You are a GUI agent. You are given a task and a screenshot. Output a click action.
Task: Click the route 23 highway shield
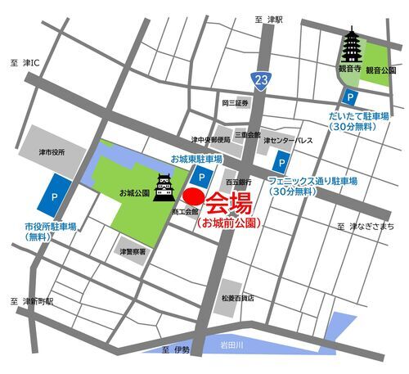pyautogui.click(x=260, y=80)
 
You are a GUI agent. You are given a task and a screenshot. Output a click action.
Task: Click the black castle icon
pyautogui.click(x=164, y=187)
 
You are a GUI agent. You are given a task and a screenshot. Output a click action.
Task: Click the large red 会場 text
pyautogui.click(x=228, y=201)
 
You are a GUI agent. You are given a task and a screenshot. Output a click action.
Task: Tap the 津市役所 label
pyautogui.click(x=51, y=152)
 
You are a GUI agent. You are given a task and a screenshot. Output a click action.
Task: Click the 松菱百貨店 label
pyautogui.click(x=237, y=299)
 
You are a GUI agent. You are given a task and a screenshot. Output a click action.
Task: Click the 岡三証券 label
pyautogui.click(x=234, y=104)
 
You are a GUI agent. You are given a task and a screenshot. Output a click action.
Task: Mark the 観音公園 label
pyautogui.click(x=381, y=70)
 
